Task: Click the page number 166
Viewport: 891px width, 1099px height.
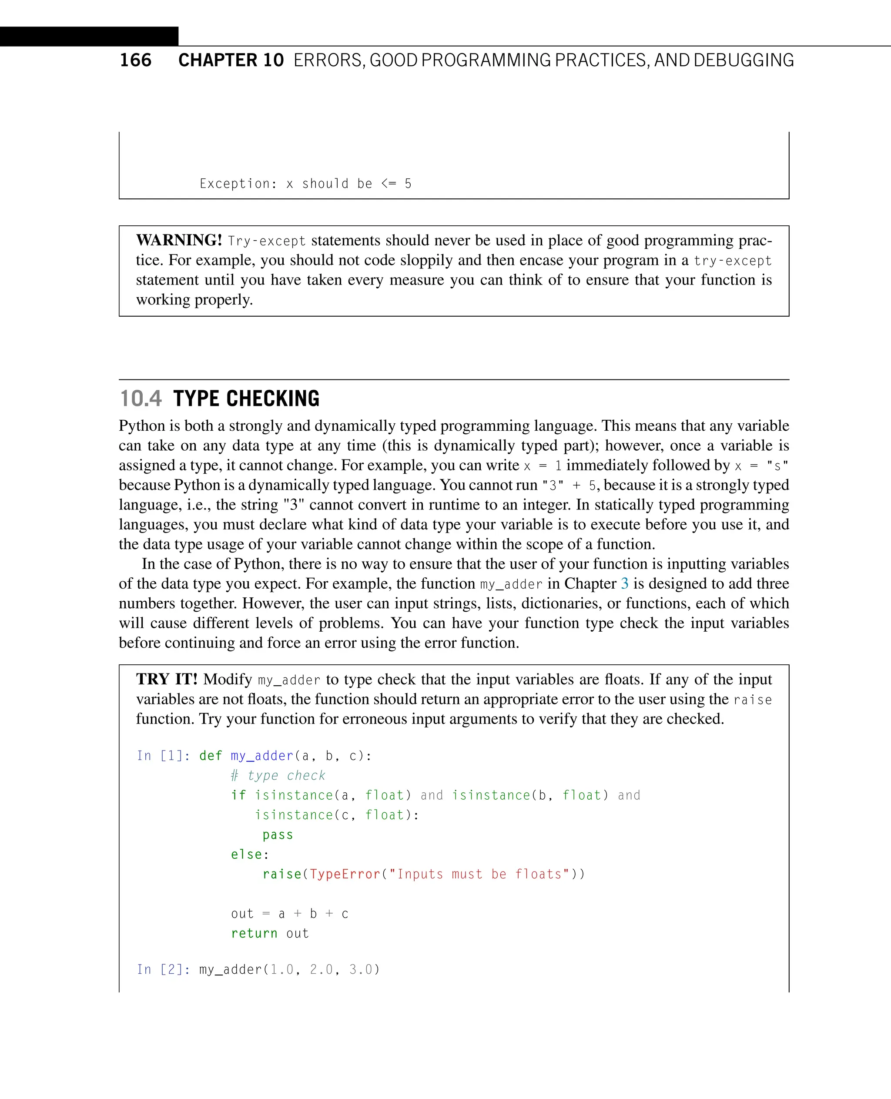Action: (135, 60)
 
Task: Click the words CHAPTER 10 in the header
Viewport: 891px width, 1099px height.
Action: (231, 60)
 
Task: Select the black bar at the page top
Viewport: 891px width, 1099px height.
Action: (89, 37)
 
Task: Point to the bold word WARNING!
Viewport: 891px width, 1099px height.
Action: (179, 240)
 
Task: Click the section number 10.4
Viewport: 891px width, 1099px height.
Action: (140, 399)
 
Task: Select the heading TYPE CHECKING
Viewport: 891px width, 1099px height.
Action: (246, 399)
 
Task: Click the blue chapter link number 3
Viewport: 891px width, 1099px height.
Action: (625, 583)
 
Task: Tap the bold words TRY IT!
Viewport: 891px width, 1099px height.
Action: (167, 679)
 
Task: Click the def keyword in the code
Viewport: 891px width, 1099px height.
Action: (211, 756)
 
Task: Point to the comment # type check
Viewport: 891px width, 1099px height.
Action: (278, 775)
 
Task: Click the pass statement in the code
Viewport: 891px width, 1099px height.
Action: (278, 834)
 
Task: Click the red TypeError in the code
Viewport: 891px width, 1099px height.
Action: (345, 874)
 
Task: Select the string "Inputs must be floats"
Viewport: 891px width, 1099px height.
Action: (479, 874)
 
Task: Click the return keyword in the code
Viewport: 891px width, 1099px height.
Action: (254, 933)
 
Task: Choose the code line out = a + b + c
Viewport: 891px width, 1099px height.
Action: (289, 914)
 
